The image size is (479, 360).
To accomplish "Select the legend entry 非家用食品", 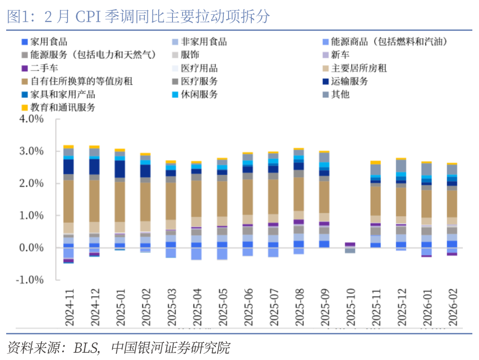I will pos(203,42).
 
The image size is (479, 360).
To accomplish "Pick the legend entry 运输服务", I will pos(349,81).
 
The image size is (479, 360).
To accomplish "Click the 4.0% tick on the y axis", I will pos(31,119).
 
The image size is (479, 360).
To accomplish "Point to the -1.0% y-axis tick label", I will pos(29,280).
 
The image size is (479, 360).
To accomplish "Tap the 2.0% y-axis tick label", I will pos(31,183).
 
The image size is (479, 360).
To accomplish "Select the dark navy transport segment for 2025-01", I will pos(120,169).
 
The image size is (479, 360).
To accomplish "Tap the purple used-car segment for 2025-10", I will pos(350,244).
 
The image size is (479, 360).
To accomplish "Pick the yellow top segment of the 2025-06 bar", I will pos(248,153).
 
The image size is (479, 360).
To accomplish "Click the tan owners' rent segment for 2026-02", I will pos(452,204).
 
